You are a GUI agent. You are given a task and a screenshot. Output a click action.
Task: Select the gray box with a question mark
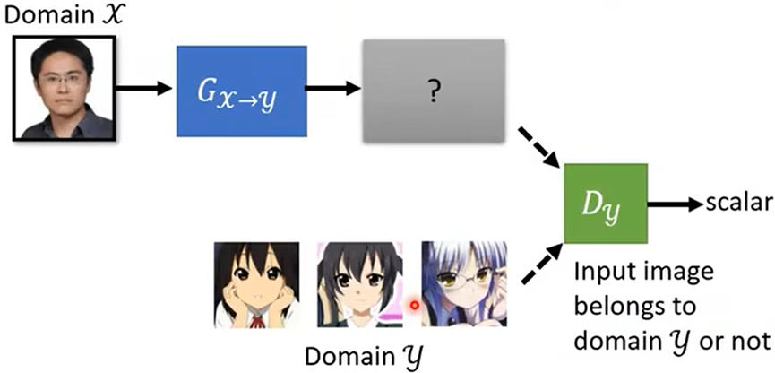(433, 91)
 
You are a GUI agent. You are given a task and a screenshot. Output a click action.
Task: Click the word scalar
(737, 204)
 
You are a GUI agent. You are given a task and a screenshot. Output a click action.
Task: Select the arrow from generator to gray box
(332, 88)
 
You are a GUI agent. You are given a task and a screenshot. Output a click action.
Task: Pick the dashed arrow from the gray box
(538, 147)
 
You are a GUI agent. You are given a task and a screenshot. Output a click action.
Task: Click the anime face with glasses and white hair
(463, 284)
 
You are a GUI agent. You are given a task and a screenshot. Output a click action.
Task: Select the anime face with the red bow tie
(256, 284)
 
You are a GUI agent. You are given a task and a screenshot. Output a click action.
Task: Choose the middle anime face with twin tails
(359, 284)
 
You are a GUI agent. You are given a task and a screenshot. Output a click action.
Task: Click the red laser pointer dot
(415, 305)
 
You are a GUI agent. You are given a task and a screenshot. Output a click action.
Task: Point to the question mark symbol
(434, 91)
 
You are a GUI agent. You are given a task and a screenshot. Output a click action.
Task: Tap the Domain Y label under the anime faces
(362, 356)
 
